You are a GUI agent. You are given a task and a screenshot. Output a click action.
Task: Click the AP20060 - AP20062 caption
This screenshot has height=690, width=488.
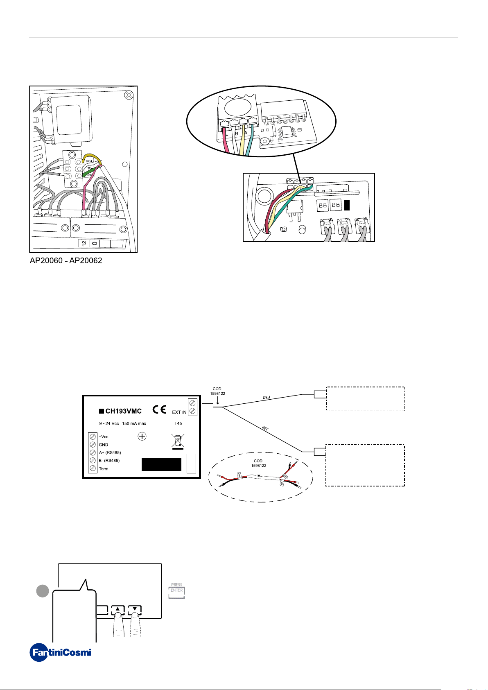[x=66, y=260]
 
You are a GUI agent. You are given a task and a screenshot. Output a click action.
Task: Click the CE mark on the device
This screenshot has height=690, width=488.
[x=159, y=409]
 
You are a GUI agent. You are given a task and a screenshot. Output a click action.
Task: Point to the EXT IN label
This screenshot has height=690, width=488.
[x=179, y=412]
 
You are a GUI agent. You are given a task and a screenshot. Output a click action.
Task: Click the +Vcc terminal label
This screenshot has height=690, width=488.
[x=104, y=437]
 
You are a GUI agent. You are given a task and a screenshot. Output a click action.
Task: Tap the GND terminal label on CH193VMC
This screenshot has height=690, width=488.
[x=103, y=445]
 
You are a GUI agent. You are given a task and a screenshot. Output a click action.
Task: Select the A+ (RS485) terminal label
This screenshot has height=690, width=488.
[x=110, y=452]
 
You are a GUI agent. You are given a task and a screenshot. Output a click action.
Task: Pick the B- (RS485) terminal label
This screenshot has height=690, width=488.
[x=109, y=461]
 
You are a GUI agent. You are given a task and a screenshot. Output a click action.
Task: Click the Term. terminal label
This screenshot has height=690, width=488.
[x=104, y=469]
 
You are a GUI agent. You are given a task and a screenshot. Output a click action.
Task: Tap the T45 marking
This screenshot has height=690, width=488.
[x=178, y=423]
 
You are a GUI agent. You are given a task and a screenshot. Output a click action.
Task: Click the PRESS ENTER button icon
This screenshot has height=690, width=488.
[x=177, y=591]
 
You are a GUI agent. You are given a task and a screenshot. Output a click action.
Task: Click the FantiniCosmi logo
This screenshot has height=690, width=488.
[x=61, y=652]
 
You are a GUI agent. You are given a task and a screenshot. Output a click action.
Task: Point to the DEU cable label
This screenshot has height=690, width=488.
[x=266, y=397]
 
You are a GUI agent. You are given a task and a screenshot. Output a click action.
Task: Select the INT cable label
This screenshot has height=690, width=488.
[x=265, y=429]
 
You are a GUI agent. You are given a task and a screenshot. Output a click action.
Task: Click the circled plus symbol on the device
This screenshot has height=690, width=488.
[x=142, y=437]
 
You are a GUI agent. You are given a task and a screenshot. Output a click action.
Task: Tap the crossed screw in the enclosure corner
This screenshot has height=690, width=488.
[x=129, y=95]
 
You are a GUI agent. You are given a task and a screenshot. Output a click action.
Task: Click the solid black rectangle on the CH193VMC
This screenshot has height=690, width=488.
[x=161, y=464]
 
